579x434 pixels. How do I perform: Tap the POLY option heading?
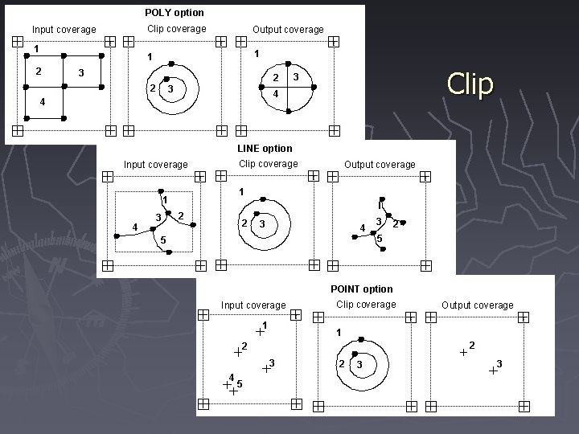(175, 13)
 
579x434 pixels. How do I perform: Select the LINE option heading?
(265, 149)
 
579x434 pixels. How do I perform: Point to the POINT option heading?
(361, 289)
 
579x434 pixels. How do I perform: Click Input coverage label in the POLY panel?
(64, 30)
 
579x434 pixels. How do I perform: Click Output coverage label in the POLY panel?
(288, 30)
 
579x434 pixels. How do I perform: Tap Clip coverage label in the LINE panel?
(269, 164)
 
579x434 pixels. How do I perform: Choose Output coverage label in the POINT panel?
(477, 305)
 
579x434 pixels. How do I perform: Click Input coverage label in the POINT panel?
(253, 305)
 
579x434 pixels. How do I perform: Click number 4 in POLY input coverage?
(42, 102)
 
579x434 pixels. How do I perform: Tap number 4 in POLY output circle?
(276, 95)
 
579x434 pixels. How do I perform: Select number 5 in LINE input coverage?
(162, 240)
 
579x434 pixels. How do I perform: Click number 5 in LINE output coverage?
(380, 239)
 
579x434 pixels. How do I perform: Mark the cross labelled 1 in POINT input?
(259, 330)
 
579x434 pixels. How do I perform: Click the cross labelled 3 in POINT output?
(492, 371)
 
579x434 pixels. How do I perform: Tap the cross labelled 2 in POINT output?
(463, 351)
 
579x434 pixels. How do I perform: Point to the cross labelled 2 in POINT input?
(237, 351)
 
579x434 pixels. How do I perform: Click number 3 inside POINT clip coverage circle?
(359, 365)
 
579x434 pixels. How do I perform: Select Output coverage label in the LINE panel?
(380, 165)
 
